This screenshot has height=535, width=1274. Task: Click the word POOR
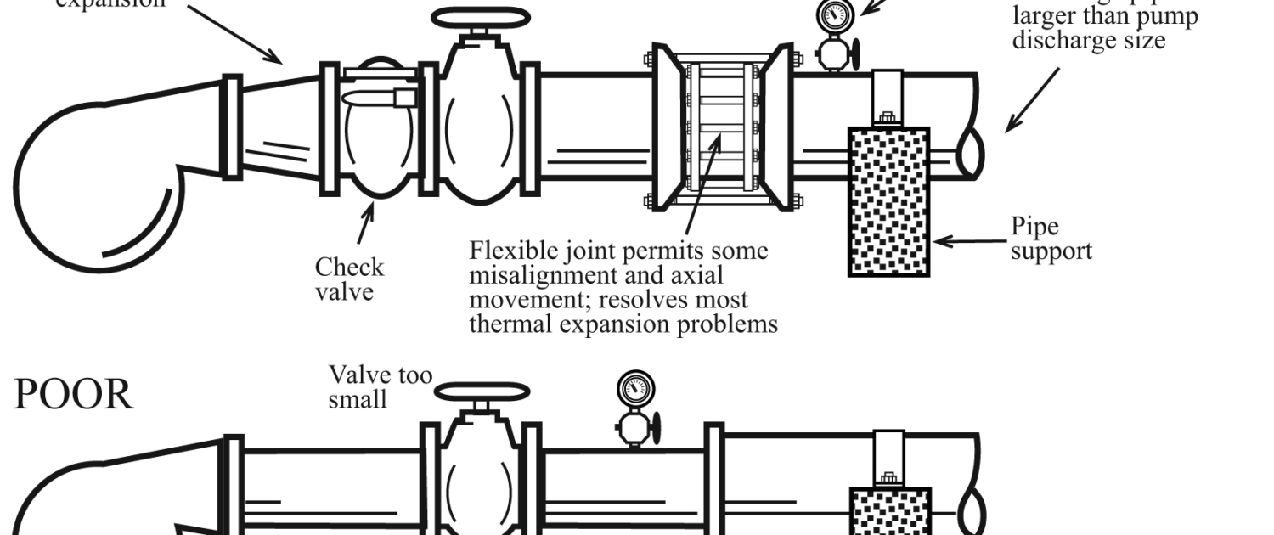coord(73,395)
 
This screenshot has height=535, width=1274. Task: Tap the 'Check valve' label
coord(349,279)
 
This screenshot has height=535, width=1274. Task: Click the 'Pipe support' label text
coord(1051,239)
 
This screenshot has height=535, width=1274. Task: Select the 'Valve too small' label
coord(380,386)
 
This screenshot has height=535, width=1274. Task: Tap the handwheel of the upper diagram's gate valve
coord(480,20)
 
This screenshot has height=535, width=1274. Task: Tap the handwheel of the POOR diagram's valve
coord(482,392)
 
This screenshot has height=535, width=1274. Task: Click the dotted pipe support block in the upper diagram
coord(888,202)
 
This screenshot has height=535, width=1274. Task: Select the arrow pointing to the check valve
coord(366,223)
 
